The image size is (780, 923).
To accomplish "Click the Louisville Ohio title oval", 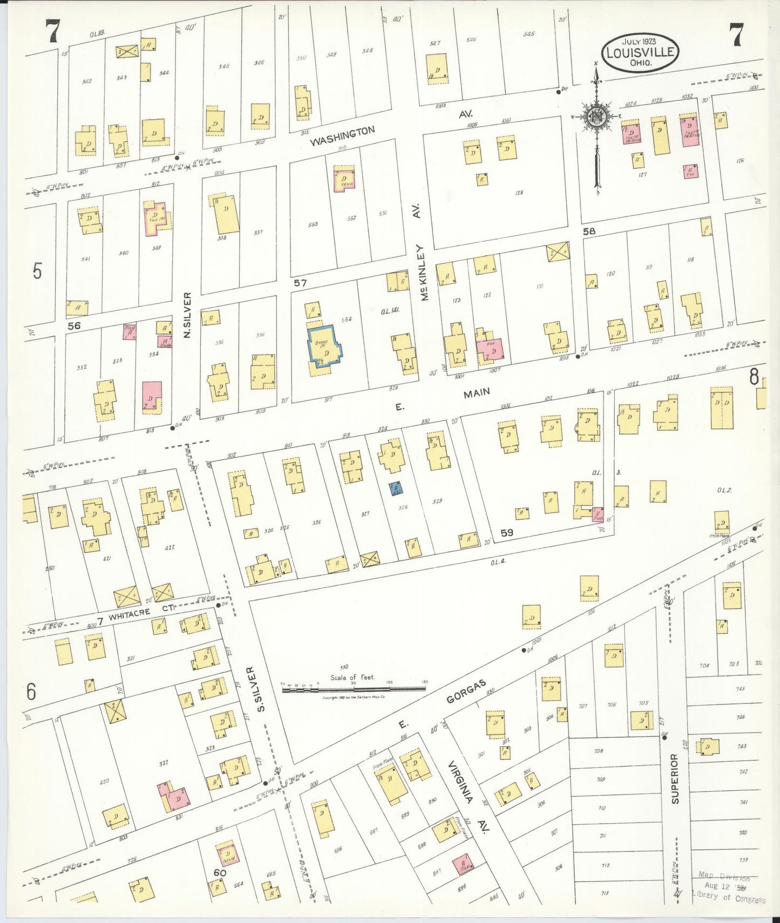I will click(x=640, y=52).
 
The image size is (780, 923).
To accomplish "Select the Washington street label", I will click(x=343, y=136).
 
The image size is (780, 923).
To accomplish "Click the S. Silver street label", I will click(x=261, y=689).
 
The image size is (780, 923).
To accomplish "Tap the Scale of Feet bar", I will click(x=354, y=688).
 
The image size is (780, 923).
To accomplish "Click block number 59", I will click(x=506, y=533).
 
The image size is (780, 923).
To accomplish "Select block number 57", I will click(x=300, y=282).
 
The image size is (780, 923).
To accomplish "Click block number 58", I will click(x=589, y=231).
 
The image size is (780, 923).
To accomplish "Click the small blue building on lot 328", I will click(x=396, y=488).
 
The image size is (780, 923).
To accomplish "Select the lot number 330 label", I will click(x=344, y=667).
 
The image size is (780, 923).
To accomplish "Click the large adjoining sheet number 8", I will click(x=754, y=377).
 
